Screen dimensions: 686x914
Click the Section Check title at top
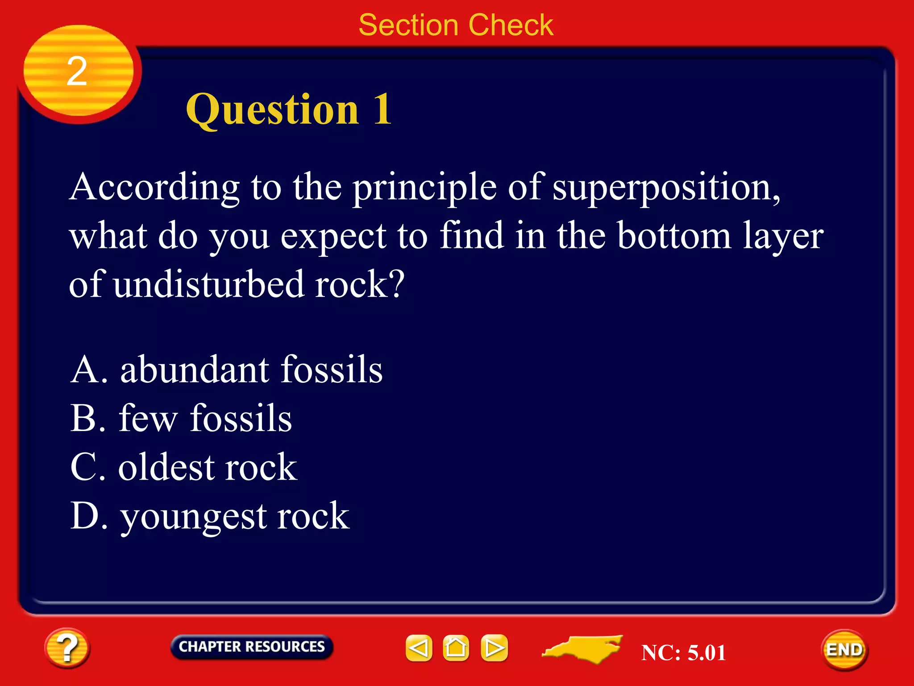coord(456,25)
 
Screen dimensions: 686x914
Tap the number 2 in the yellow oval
coord(77,71)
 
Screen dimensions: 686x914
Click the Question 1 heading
coord(289,109)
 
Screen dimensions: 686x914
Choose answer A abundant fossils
coord(226,370)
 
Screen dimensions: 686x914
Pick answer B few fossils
coord(181,418)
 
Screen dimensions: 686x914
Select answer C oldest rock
coord(183,468)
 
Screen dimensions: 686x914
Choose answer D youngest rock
coord(209,516)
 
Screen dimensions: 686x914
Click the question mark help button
coord(67,648)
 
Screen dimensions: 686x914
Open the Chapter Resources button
coord(252,647)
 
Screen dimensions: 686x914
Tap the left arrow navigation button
coord(419,648)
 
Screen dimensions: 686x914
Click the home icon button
coord(456,648)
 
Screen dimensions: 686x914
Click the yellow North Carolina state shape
coord(585,648)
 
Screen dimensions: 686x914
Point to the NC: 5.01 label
coord(683,653)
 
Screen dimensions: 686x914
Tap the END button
coord(844,650)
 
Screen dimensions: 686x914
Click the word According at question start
coord(154,188)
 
